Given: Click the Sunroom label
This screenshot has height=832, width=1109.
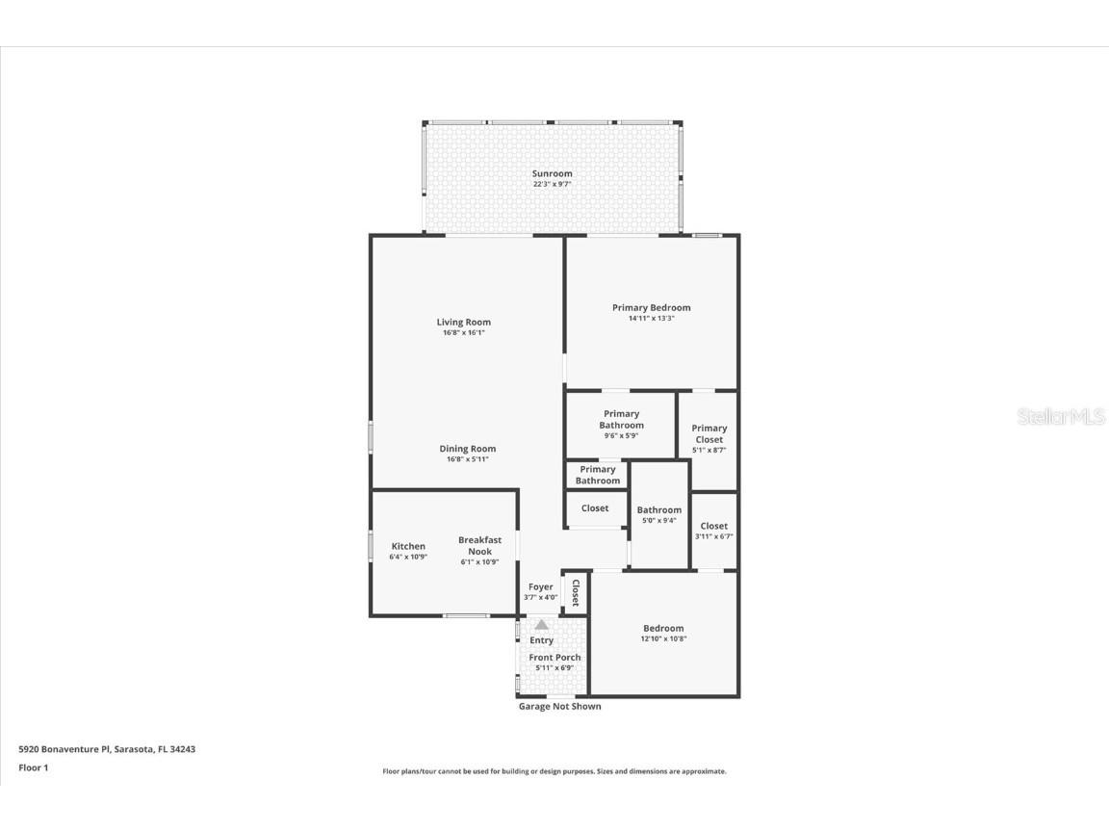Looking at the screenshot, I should (553, 173).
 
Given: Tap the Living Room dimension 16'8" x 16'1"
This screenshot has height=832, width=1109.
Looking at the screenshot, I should (464, 333).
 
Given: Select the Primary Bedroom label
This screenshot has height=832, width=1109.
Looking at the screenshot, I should (651, 307).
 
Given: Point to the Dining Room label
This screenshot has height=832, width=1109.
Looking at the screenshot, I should (468, 449).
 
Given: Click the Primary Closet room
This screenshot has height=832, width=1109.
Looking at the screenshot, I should (709, 438).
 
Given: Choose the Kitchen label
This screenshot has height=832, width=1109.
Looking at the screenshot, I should (408, 546).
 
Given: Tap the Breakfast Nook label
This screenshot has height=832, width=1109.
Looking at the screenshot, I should (479, 546).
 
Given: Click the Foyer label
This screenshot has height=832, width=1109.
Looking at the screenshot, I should (541, 586).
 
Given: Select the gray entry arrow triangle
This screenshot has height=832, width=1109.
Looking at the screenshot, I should (541, 624).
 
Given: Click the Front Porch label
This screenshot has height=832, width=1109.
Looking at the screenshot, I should (554, 658).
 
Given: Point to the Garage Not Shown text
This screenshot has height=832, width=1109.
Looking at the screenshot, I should (560, 707).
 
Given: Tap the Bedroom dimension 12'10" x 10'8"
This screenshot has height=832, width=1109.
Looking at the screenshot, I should (663, 638).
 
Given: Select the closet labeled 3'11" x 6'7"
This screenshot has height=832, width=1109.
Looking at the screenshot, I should (714, 531).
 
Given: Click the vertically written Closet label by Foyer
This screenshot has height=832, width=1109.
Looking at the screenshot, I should (576, 591).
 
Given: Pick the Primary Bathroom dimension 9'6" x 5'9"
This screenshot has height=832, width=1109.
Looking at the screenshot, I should (621, 435).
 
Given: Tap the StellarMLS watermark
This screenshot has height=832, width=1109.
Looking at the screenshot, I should (1061, 417).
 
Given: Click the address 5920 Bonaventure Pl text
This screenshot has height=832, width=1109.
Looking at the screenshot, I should (107, 748).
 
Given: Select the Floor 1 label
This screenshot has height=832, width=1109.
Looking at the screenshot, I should (33, 767).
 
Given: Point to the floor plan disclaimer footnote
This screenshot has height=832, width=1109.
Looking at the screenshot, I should (554, 771).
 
